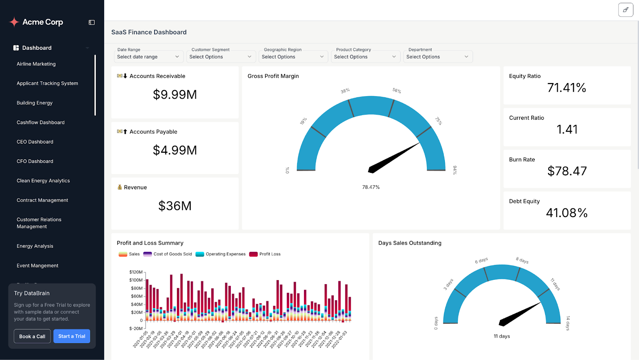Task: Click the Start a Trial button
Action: (72, 336)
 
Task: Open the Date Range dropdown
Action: (148, 57)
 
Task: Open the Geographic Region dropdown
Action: (293, 57)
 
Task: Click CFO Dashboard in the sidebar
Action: (35, 161)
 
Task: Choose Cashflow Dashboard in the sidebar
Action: (40, 123)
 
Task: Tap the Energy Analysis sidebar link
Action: (35, 246)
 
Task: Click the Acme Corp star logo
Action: (14, 22)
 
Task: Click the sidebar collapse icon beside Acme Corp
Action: (91, 22)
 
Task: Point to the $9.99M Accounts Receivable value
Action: (175, 95)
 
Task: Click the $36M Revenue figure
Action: (175, 206)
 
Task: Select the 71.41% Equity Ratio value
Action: (566, 88)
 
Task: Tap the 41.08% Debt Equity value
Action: (566, 213)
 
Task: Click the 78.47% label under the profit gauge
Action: (371, 187)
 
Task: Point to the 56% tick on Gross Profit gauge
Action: (397, 91)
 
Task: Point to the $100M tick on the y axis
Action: (136, 280)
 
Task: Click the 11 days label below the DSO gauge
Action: (502, 336)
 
